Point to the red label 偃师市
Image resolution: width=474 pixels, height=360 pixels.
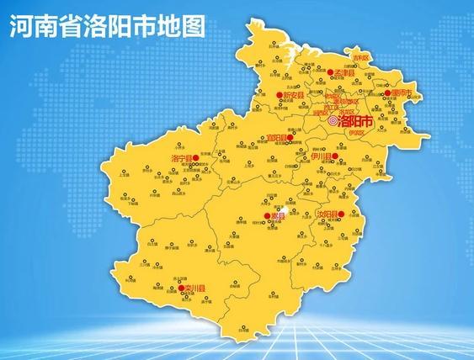coord(400,92)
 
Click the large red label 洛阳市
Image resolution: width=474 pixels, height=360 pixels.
coord(358,121)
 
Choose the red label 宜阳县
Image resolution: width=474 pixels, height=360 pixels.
coord(277,137)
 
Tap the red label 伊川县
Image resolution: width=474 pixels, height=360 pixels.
coord(322,156)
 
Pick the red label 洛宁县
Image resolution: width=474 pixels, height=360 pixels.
coord(183,157)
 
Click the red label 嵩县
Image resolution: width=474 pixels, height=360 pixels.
coord(277,216)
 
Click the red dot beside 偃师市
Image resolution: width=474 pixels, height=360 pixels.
coord(386,93)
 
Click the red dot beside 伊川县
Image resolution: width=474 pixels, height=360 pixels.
coord(336,156)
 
